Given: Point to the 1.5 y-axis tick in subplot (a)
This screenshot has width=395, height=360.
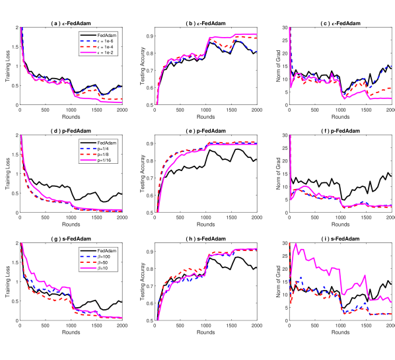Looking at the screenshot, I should coord(15,47).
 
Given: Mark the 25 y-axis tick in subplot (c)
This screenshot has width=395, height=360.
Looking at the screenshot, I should coord(284,40).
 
